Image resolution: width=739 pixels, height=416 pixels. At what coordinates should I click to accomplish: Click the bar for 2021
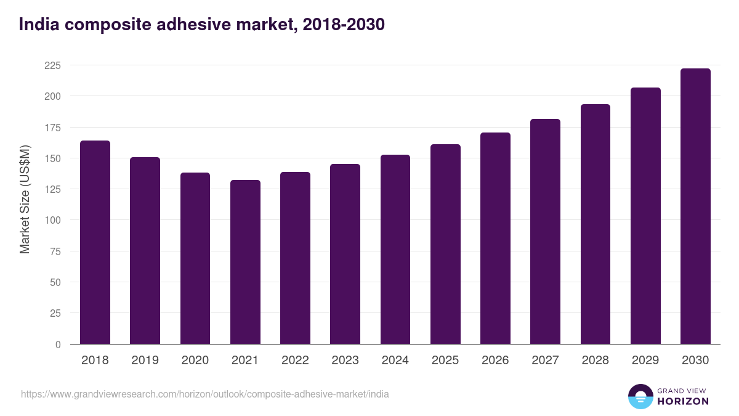[245, 262]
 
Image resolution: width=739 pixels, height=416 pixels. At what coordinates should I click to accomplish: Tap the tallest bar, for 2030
[695, 206]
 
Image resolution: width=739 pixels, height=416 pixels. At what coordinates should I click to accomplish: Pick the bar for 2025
[445, 244]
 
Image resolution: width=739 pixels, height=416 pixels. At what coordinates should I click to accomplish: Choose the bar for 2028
[596, 224]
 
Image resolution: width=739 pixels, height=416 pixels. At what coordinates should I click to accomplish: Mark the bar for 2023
[345, 254]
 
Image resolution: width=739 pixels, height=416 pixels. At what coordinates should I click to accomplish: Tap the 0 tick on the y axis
[58, 345]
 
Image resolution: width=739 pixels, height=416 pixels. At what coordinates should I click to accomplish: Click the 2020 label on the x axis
[195, 361]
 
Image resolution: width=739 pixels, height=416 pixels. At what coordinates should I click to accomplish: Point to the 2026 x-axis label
[495, 361]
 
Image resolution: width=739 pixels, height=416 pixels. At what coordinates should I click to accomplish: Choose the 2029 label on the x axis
[645, 361]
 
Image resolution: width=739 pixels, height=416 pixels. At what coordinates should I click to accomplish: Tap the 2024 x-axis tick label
[395, 361]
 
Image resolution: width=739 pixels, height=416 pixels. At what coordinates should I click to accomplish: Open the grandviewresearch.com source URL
[205, 394]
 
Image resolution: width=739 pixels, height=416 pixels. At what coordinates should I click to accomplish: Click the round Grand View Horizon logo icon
[640, 396]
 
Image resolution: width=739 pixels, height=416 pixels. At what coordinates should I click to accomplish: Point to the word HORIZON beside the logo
[682, 401]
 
